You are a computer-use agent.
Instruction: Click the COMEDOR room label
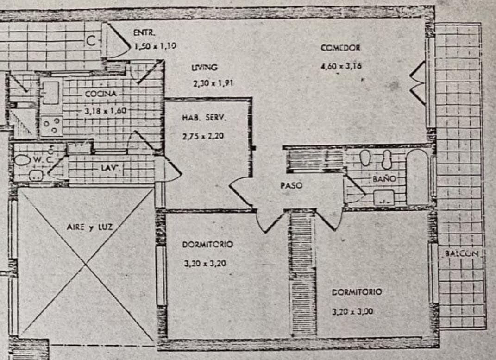click(340, 48)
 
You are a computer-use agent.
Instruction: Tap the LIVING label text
click(204, 68)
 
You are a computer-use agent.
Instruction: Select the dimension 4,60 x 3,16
click(340, 66)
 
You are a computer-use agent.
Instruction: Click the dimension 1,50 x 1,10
click(155, 46)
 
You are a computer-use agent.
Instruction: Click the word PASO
click(291, 186)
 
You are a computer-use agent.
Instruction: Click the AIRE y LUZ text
click(90, 227)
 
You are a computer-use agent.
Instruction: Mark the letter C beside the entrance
click(92, 41)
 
